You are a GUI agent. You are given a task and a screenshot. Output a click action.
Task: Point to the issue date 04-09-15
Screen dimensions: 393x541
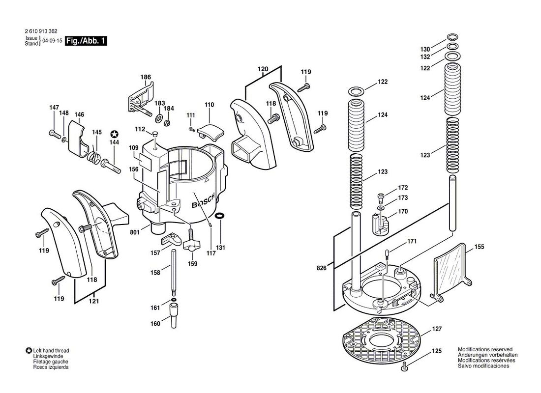tap(52, 42)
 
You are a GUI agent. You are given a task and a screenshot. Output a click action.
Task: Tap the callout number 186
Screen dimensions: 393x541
tap(146, 77)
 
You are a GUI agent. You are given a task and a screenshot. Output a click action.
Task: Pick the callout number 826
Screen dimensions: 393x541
tap(321, 268)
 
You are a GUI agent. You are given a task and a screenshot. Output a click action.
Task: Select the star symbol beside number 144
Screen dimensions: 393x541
tap(114, 133)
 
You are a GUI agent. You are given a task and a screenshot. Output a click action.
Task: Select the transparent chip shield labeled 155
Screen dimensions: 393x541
tap(451, 269)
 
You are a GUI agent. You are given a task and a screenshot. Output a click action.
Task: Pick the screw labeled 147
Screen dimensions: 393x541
tap(53, 132)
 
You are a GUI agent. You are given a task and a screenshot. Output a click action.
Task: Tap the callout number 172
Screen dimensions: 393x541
tap(403, 188)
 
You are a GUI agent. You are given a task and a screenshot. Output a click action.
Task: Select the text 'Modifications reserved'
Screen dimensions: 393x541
tap(485, 349)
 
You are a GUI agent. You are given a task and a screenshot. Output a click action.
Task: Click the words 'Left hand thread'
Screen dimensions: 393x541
tap(51, 351)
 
